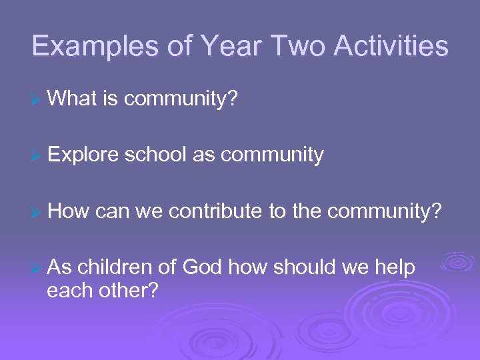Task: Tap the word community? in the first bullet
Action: [x=181, y=99]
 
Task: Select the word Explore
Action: [x=83, y=155]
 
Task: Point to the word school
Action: [x=156, y=155]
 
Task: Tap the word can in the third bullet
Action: [x=112, y=211]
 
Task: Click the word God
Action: [x=202, y=267]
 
